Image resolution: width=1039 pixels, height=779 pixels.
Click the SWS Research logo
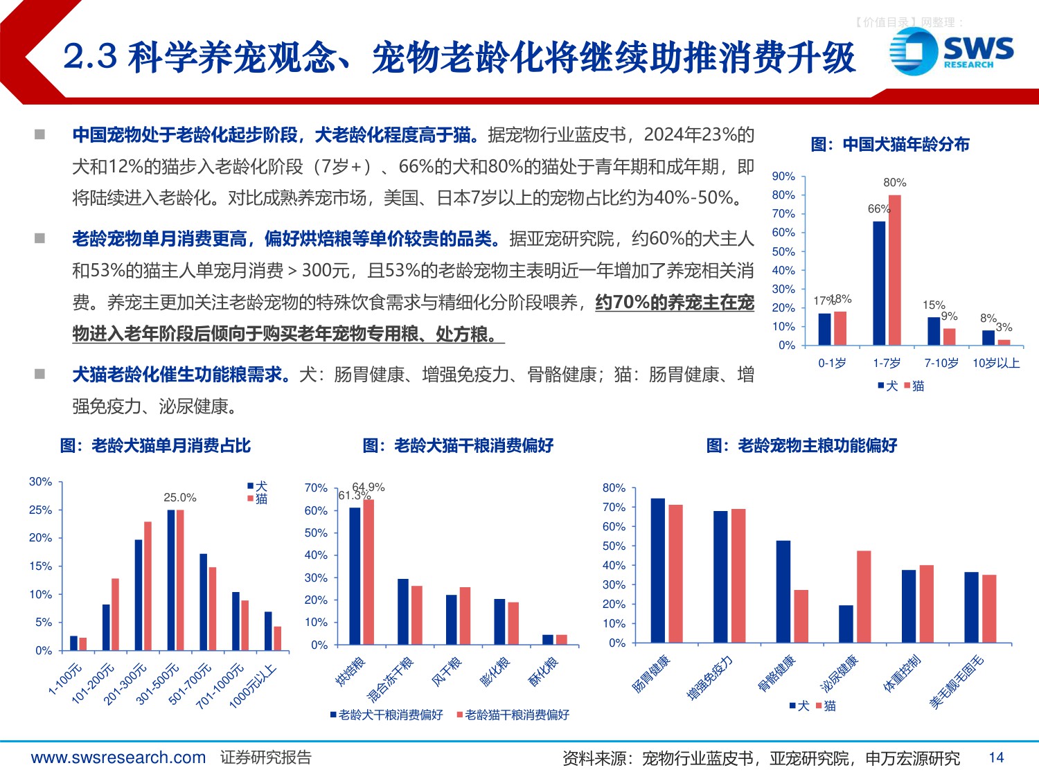point(952,51)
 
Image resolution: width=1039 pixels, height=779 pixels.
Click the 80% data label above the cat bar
point(894,183)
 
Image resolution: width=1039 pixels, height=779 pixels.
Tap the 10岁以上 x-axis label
point(996,363)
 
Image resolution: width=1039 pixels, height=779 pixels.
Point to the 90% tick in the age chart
point(783,177)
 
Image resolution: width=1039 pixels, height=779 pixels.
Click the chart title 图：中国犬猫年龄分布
point(890,145)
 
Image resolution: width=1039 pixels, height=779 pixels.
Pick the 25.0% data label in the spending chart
point(180,497)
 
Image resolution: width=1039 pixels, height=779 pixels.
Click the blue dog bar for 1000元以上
point(268,631)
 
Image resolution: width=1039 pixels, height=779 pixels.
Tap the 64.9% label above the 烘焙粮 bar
point(369,487)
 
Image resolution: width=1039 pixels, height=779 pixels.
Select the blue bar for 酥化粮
point(548,639)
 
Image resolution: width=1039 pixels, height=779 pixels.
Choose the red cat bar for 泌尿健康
point(864,596)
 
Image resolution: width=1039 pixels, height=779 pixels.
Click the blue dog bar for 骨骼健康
point(783,591)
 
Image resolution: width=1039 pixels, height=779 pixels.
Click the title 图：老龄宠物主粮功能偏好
point(801,445)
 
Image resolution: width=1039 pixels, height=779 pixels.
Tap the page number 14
point(996,758)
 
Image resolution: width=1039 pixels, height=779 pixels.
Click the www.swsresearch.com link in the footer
point(118,758)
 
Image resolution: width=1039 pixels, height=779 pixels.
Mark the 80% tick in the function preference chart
point(614,488)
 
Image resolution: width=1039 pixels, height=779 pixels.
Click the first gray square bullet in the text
point(40,134)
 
